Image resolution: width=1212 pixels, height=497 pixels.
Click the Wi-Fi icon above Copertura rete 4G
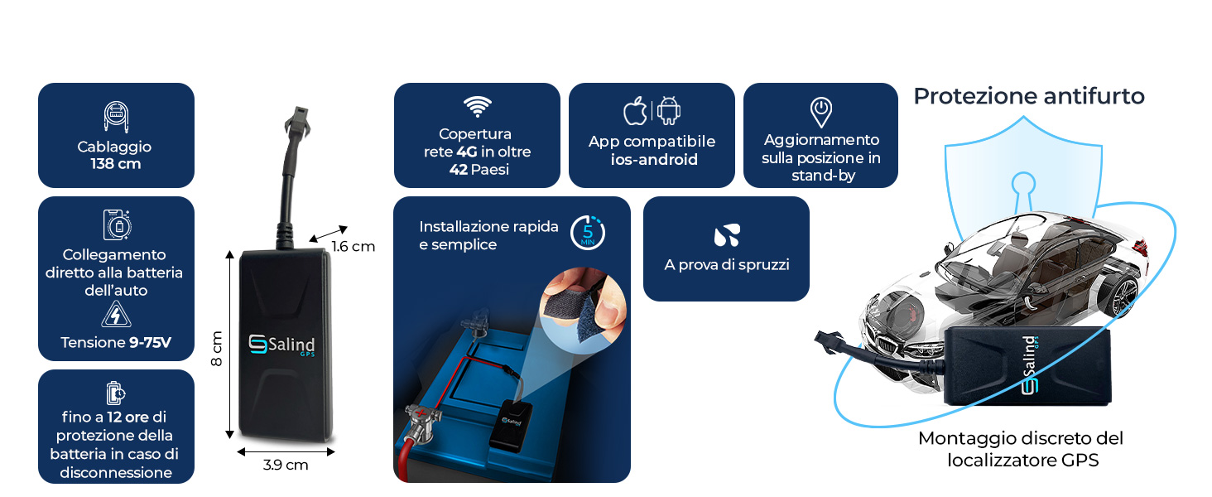pyautogui.click(x=476, y=106)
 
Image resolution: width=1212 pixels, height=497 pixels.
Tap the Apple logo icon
pyautogui.click(x=635, y=111)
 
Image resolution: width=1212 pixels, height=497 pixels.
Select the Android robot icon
pyautogui.click(x=669, y=111)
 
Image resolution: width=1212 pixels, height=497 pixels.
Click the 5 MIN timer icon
pyautogui.click(x=588, y=233)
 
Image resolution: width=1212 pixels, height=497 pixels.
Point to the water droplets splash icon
pyautogui.click(x=726, y=235)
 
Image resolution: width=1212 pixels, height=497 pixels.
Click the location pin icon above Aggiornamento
pyautogui.click(x=820, y=111)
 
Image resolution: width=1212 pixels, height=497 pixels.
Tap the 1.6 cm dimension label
pyautogui.click(x=353, y=246)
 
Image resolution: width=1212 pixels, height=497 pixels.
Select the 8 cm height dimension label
pyautogui.click(x=217, y=349)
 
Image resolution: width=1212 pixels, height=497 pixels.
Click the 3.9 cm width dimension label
pyautogui.click(x=286, y=466)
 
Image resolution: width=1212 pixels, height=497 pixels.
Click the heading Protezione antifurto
pyautogui.click(x=1028, y=97)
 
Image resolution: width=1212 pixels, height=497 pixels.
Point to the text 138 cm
pyautogui.click(x=116, y=164)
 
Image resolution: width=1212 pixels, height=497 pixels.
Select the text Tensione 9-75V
pyautogui.click(x=116, y=342)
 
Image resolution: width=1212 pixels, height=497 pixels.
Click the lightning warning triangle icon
pyautogui.click(x=117, y=316)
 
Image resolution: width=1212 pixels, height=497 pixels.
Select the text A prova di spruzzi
pyautogui.click(x=726, y=265)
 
